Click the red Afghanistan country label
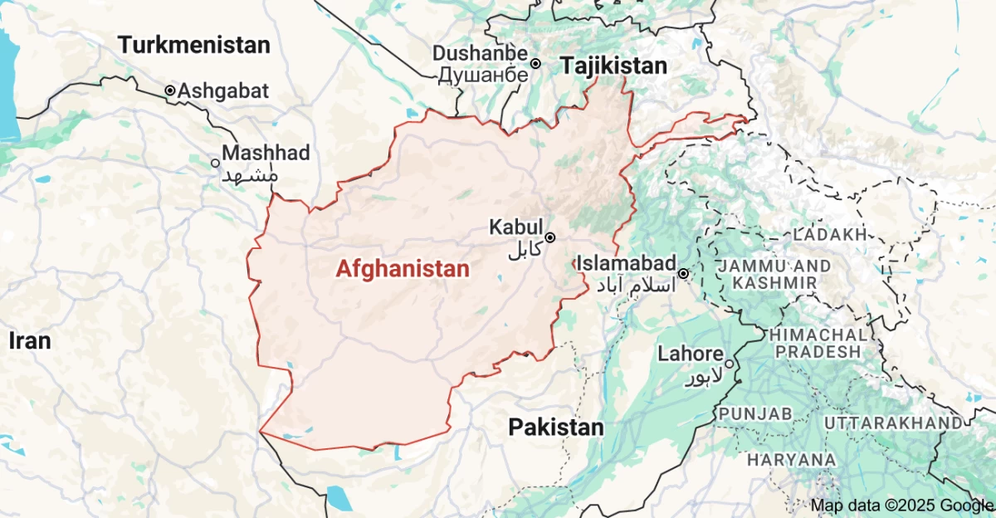[403, 269]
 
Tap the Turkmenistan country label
[194, 45]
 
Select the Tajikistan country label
[614, 66]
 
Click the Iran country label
[30, 340]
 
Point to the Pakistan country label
[556, 428]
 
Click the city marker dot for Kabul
[549, 237]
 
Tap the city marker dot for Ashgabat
[170, 90]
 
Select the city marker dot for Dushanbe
[536, 63]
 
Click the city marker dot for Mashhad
[216, 164]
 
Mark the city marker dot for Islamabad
[683, 273]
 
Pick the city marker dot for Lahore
[729, 363]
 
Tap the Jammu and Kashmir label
[775, 275]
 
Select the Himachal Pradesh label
[818, 342]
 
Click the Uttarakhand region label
[893, 423]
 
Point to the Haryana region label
[791, 459]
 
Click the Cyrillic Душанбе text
[482, 75]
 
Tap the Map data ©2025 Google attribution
[902, 505]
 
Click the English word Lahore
[690, 354]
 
